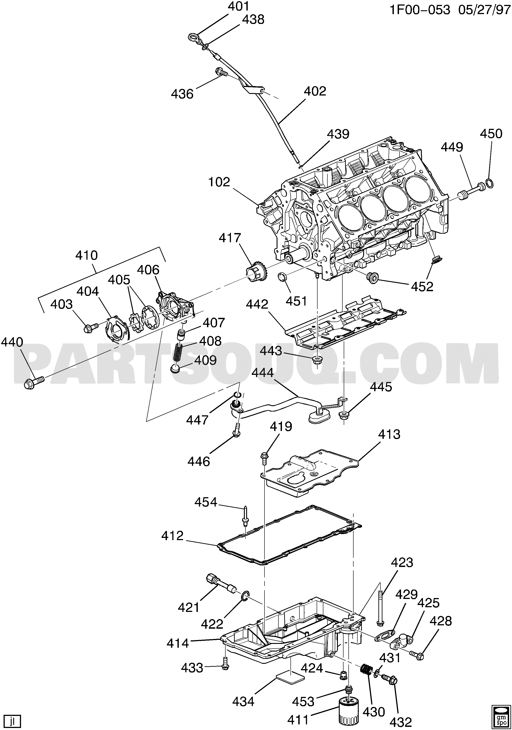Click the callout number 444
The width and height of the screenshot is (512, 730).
pyautogui.click(x=263, y=372)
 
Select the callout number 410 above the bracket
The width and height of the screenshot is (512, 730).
pyautogui.click(x=87, y=255)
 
